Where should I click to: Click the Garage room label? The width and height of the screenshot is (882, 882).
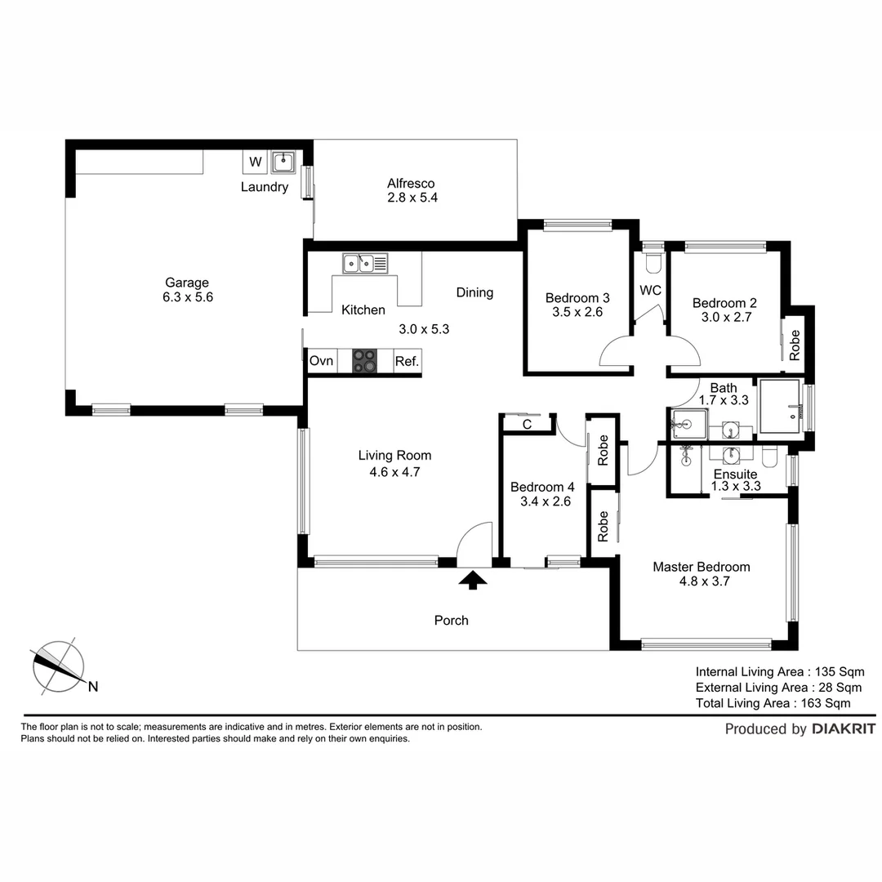(x=186, y=283)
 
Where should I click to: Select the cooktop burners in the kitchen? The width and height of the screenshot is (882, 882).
(x=365, y=361)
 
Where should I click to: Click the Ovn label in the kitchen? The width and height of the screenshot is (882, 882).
(x=320, y=361)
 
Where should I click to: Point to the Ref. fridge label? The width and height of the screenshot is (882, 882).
(x=407, y=361)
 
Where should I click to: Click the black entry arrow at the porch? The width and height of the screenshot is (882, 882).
(x=473, y=580)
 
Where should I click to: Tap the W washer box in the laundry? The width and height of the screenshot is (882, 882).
(x=256, y=162)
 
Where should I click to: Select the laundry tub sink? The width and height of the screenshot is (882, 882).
(x=283, y=162)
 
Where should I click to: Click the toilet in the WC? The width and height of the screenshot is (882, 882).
(x=653, y=261)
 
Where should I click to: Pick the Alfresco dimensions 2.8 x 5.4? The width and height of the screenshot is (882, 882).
(x=412, y=198)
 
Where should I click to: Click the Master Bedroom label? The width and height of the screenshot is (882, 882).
(x=701, y=567)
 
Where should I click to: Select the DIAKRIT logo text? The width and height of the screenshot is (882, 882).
(x=844, y=729)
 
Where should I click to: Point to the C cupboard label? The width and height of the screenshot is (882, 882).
(x=527, y=425)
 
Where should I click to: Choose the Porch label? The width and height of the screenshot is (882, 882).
(x=451, y=621)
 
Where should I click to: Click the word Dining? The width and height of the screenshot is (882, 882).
(x=474, y=292)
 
